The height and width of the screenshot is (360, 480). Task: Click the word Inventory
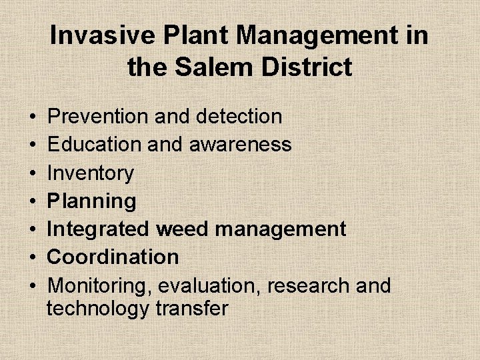pyautogui.click(x=91, y=173)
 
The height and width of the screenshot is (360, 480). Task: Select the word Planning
pyautogui.click(x=92, y=201)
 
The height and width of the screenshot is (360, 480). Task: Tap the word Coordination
pyautogui.click(x=113, y=257)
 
